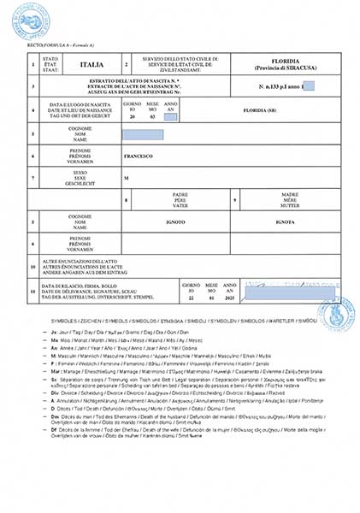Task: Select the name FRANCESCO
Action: [x=139, y=156]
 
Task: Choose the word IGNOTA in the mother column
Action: [x=285, y=221]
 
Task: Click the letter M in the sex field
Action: [x=126, y=178]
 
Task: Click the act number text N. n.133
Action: [x=270, y=87]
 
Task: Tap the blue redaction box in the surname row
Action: [x=143, y=135]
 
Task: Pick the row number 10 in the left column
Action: [x=32, y=263]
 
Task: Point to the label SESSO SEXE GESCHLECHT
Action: [x=81, y=178]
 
